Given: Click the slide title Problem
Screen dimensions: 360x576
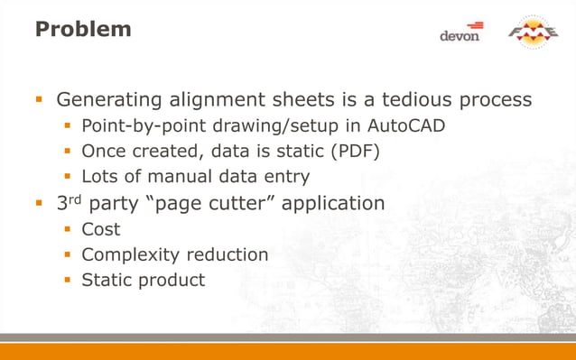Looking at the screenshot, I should pyautogui.click(x=83, y=29).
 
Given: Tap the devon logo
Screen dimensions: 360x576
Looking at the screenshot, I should pyautogui.click(x=461, y=32).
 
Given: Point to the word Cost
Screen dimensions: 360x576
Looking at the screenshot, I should pyautogui.click(x=101, y=229).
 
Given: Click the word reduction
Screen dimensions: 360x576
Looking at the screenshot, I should pyautogui.click(x=223, y=254).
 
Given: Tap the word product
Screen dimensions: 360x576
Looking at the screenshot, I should pyautogui.click(x=172, y=281).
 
